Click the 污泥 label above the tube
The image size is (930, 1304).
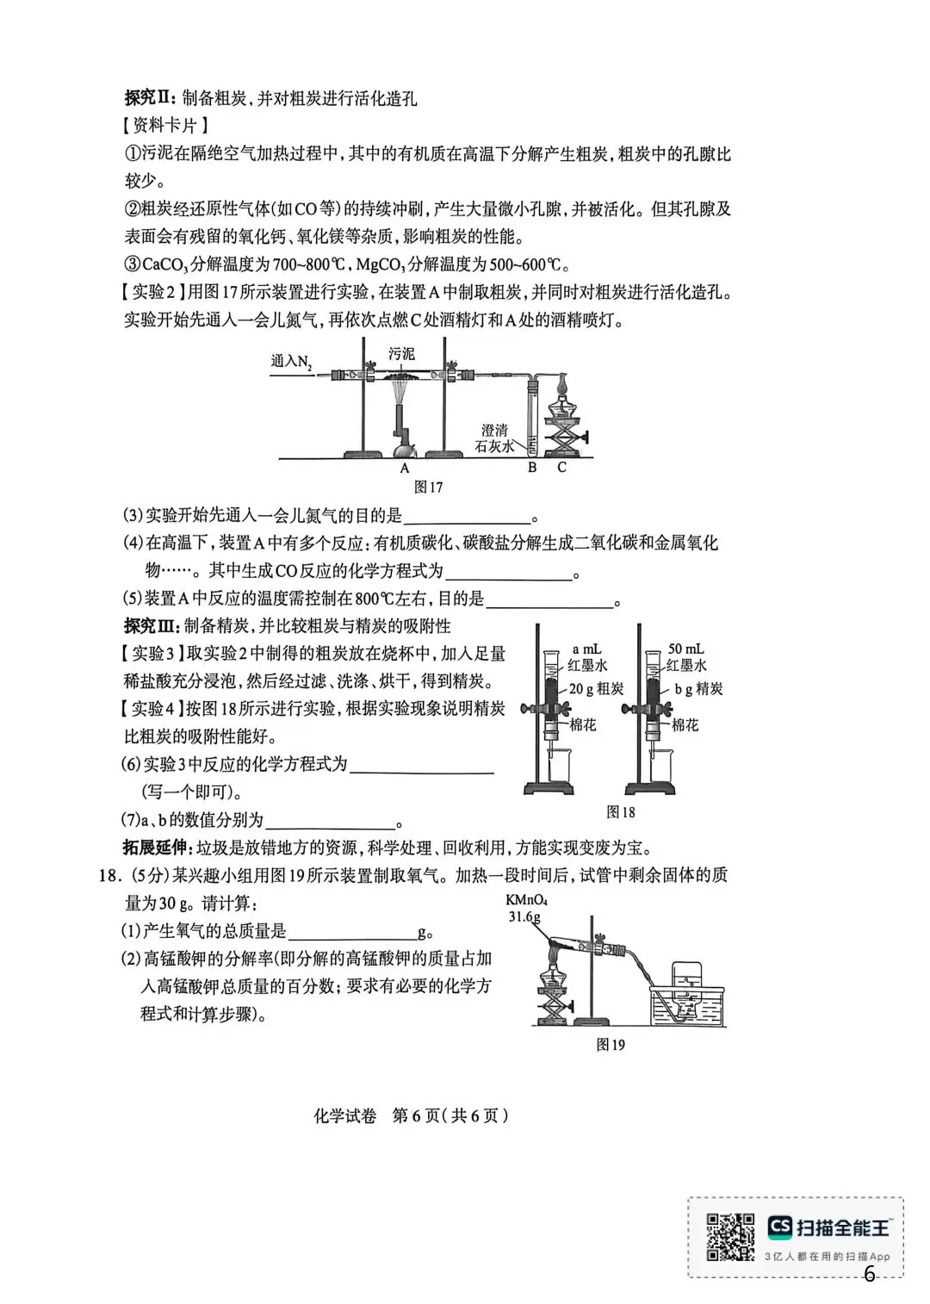tap(401, 354)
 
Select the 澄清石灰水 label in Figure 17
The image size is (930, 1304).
tap(494, 438)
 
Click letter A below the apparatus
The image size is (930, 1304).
tap(405, 468)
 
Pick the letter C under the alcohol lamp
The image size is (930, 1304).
tap(561, 468)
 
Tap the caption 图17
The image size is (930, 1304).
tap(428, 487)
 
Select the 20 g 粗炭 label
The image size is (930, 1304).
tap(595, 688)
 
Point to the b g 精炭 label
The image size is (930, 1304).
tap(698, 688)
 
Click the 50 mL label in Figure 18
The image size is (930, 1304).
tap(687, 649)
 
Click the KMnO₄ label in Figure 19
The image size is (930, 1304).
tap(528, 901)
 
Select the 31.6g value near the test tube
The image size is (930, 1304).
tap(524, 916)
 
